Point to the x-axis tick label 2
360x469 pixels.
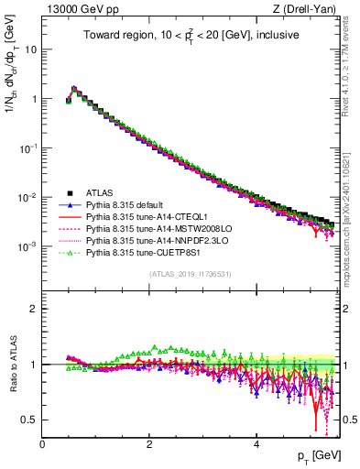149,444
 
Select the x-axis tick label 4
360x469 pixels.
256,444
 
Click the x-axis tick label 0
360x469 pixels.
42,444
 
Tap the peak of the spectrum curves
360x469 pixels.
74,89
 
